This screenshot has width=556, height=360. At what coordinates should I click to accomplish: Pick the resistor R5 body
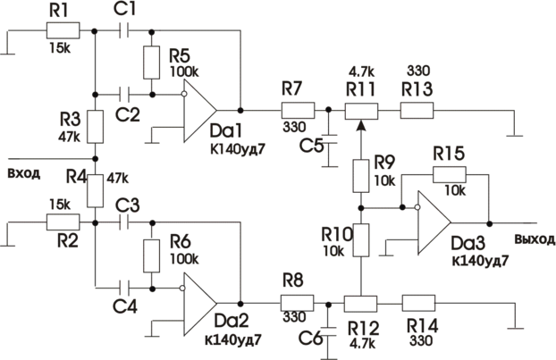pos(151,62)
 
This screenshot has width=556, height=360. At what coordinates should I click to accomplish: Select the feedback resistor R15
pos(450,175)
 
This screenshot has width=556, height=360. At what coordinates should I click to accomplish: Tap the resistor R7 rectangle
pos(297,111)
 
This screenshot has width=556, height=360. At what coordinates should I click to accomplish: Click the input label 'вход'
pos(23,172)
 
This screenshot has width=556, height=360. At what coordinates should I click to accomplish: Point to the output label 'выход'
pos(533,239)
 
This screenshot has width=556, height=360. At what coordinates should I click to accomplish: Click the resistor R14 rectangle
pos(418,303)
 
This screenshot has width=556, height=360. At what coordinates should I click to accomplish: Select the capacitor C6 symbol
pos(328,330)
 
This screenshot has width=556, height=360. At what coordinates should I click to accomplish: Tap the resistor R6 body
pos(151,255)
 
